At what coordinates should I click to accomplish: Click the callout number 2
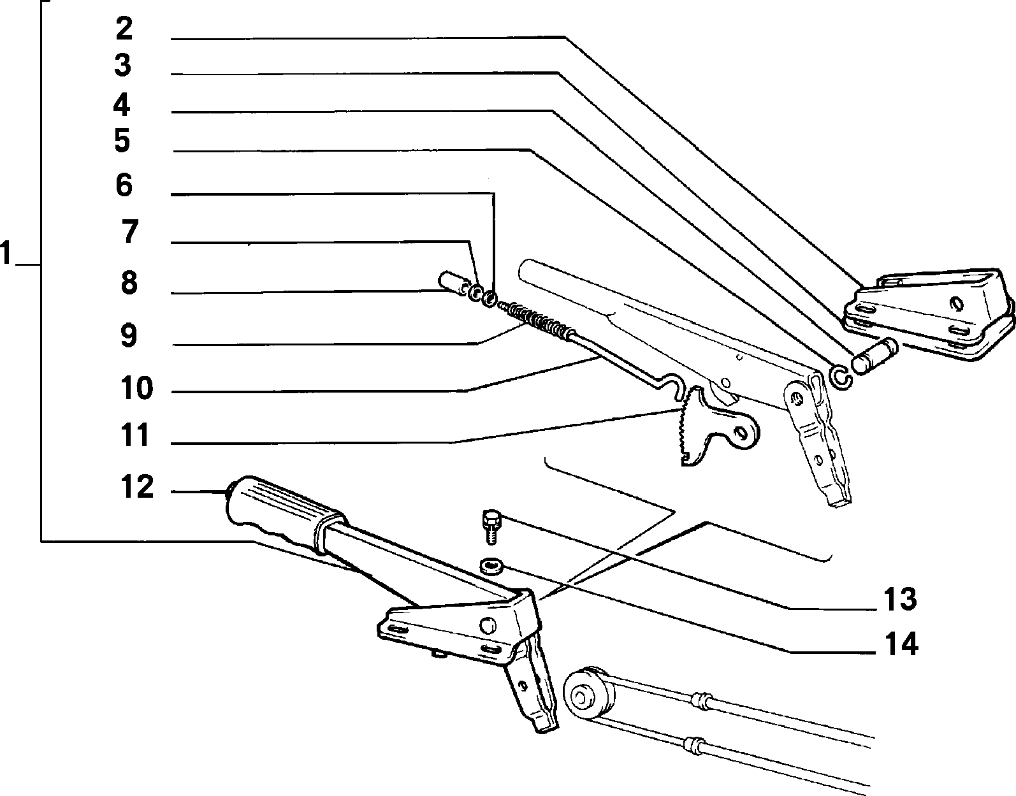[x=124, y=29]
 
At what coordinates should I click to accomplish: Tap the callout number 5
[x=122, y=141]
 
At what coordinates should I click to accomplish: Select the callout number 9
[x=129, y=336]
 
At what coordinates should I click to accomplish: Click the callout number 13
[x=900, y=600]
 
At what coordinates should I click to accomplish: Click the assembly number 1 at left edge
[x=6, y=253]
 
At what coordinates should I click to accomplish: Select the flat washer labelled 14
[x=491, y=566]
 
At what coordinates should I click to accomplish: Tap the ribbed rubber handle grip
[x=285, y=512]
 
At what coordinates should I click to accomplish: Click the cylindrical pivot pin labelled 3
[x=874, y=356]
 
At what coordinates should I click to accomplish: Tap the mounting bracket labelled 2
[x=928, y=313]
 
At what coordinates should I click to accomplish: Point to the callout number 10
[x=136, y=387]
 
